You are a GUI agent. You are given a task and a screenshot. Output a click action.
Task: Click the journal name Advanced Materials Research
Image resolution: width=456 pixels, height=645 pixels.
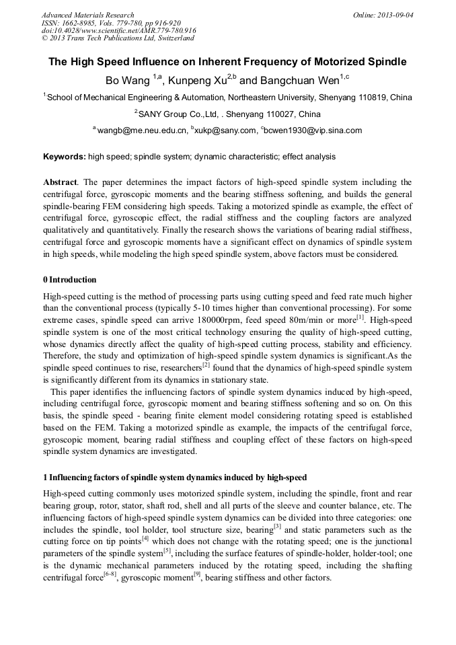[x=87, y=15]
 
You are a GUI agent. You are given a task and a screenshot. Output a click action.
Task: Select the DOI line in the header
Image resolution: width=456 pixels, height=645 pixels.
[x=119, y=30]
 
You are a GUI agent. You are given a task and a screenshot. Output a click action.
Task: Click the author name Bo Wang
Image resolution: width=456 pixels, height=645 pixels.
[x=128, y=80]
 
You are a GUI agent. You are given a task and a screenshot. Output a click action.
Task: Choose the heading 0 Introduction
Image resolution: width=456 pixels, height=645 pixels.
[x=70, y=280]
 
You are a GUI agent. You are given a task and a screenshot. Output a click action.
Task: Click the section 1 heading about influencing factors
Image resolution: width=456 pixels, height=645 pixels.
[x=175, y=478]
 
